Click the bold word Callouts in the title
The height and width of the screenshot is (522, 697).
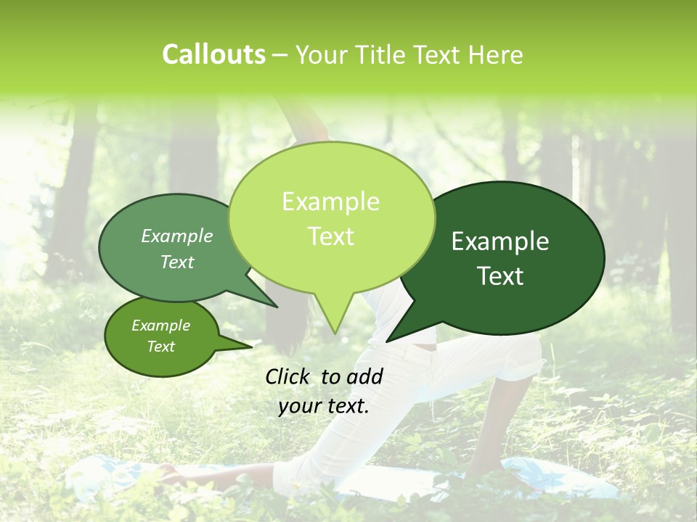tap(213, 54)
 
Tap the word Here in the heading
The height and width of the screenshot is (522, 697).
tap(497, 54)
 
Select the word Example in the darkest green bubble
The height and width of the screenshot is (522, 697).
tap(500, 241)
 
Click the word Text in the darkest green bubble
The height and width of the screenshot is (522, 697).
tap(501, 276)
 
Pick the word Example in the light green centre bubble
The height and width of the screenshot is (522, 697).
tap(330, 202)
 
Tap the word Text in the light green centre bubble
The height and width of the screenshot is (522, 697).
tap(331, 236)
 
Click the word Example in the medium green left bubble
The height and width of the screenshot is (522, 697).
tap(177, 236)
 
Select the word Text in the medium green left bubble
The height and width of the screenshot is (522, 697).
tap(177, 262)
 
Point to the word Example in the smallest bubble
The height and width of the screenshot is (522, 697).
tap(161, 326)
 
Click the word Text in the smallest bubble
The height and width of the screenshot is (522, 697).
tap(161, 347)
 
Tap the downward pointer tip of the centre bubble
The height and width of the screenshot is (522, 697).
tap(334, 331)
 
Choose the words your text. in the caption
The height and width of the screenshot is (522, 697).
tap(324, 406)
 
